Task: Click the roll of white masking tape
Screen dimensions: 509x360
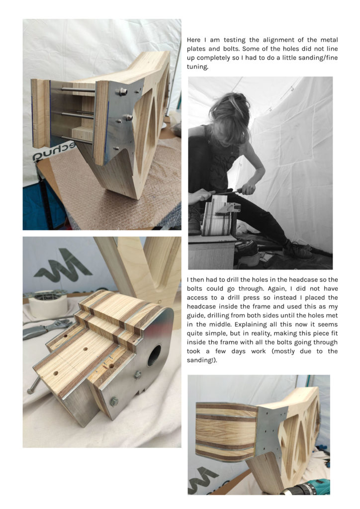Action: click(48, 303)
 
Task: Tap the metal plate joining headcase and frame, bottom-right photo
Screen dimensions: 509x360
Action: click(271, 427)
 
